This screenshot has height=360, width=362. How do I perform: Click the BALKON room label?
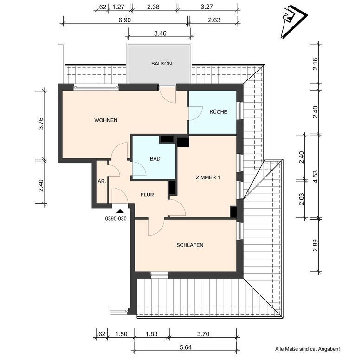pyautogui.click(x=162, y=64)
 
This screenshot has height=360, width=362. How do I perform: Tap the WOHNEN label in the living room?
pyautogui.click(x=106, y=120)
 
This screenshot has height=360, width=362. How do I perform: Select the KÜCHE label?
pyautogui.click(x=219, y=112)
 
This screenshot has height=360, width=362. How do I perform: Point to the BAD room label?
pyautogui.click(x=155, y=159)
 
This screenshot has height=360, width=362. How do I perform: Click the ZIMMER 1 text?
pyautogui.click(x=208, y=177)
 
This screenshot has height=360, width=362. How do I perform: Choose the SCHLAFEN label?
pyautogui.click(x=190, y=245)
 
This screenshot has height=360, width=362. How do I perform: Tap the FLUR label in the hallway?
pyautogui.click(x=147, y=195)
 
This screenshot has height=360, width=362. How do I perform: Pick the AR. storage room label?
pyautogui.click(x=102, y=181)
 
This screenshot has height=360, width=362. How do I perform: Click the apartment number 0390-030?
pyautogui.click(x=116, y=219)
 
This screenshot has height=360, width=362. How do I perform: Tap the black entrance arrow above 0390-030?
pyautogui.click(x=120, y=211)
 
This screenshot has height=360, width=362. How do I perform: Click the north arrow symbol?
pyautogui.click(x=293, y=21)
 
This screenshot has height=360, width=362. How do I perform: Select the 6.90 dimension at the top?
pyautogui.click(x=125, y=20)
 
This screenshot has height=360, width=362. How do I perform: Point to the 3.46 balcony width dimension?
pyautogui.click(x=160, y=33)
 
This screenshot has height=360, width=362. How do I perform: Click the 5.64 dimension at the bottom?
pyautogui.click(x=186, y=347)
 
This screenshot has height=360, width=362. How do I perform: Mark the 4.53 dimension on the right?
pyautogui.click(x=316, y=177)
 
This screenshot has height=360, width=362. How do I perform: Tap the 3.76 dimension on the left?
pyautogui.click(x=41, y=124)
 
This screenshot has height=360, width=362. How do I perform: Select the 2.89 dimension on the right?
pyautogui.click(x=316, y=245)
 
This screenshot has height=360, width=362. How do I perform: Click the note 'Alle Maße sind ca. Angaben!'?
pyautogui.click(x=307, y=349)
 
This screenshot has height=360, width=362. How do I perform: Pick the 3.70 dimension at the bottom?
pyautogui.click(x=203, y=334)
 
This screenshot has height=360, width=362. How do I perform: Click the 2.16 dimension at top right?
pyautogui.click(x=316, y=64)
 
